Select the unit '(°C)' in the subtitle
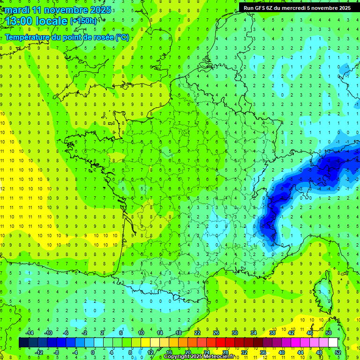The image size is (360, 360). [x=122, y=37]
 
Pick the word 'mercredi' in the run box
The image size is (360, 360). [x=305, y=7]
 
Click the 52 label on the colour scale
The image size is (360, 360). [x=338, y=352]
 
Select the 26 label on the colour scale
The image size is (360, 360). [x=216, y=333]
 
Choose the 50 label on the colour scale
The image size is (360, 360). [x=329, y=333]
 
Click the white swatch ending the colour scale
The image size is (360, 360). [x=333, y=343]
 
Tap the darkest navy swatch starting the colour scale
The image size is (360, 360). [x=23, y=343]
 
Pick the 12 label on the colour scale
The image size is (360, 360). [x=150, y=352]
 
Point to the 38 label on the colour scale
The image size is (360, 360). [x=272, y=333]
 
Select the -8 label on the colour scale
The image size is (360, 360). [x=56, y=352]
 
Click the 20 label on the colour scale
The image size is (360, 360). [x=187, y=352]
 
